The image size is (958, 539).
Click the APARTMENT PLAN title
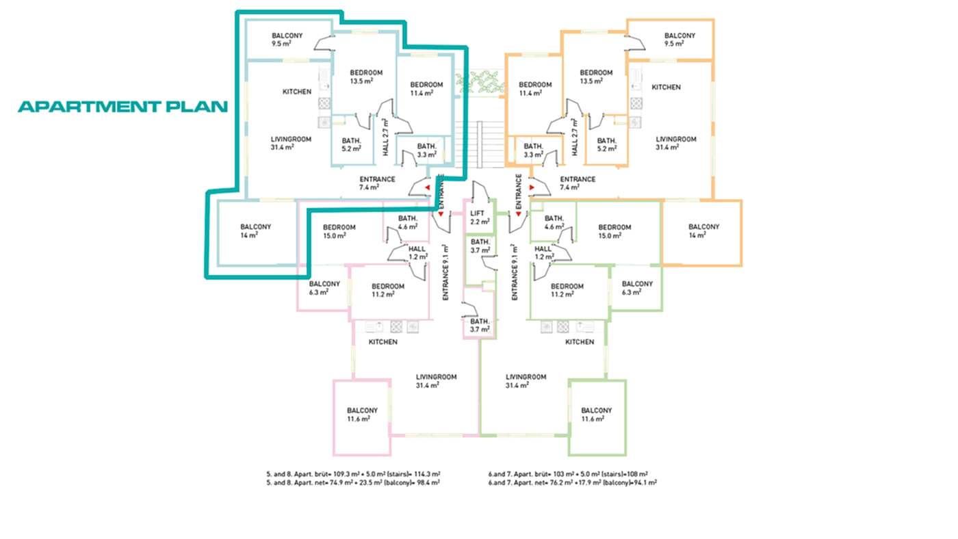point(122,107)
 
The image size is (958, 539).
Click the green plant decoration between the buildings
point(479,83)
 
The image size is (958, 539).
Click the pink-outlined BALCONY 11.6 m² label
point(362,415)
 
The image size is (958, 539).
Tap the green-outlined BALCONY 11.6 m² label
point(596,415)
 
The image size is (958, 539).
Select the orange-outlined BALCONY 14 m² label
point(703,231)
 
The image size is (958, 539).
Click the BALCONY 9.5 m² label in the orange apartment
point(679,39)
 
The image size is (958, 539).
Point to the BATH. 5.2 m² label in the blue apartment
point(352,144)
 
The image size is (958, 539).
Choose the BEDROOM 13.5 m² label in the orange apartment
point(596,77)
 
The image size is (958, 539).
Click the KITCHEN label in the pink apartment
point(383,342)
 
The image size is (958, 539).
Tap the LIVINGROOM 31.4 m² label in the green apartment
point(526,381)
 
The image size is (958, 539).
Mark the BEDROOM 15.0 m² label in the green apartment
point(614,231)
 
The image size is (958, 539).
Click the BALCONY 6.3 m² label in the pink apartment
point(324,288)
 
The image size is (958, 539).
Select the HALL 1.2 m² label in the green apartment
point(543,252)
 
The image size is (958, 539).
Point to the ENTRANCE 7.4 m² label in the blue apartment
point(377,183)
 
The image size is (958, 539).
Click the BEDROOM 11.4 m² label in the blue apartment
point(426,88)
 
